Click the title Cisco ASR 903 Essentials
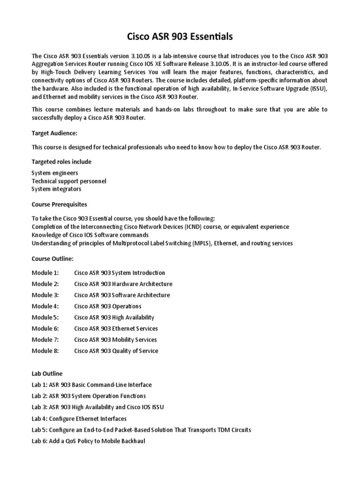[x=180, y=36]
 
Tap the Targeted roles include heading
[x=61, y=162]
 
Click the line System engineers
[x=55, y=173]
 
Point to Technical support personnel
[x=69, y=181]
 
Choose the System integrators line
[x=56, y=189]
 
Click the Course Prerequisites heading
[x=59, y=205]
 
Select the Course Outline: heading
[x=52, y=258]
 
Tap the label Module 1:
[x=45, y=273]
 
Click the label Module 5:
[x=45, y=317]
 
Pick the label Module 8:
[x=45, y=351]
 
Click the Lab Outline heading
[x=47, y=374]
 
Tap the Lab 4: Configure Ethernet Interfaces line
[x=79, y=419]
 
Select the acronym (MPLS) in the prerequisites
[x=200, y=243]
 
